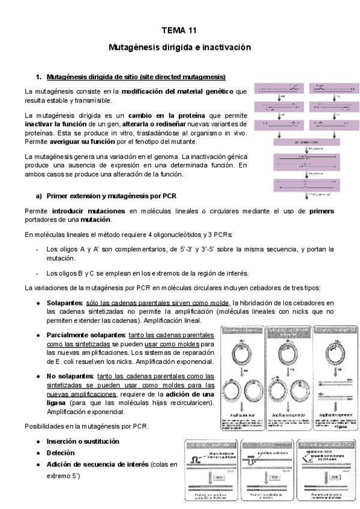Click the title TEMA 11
[179, 29]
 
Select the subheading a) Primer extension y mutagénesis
[110, 196]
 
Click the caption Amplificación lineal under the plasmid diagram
[242, 414]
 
